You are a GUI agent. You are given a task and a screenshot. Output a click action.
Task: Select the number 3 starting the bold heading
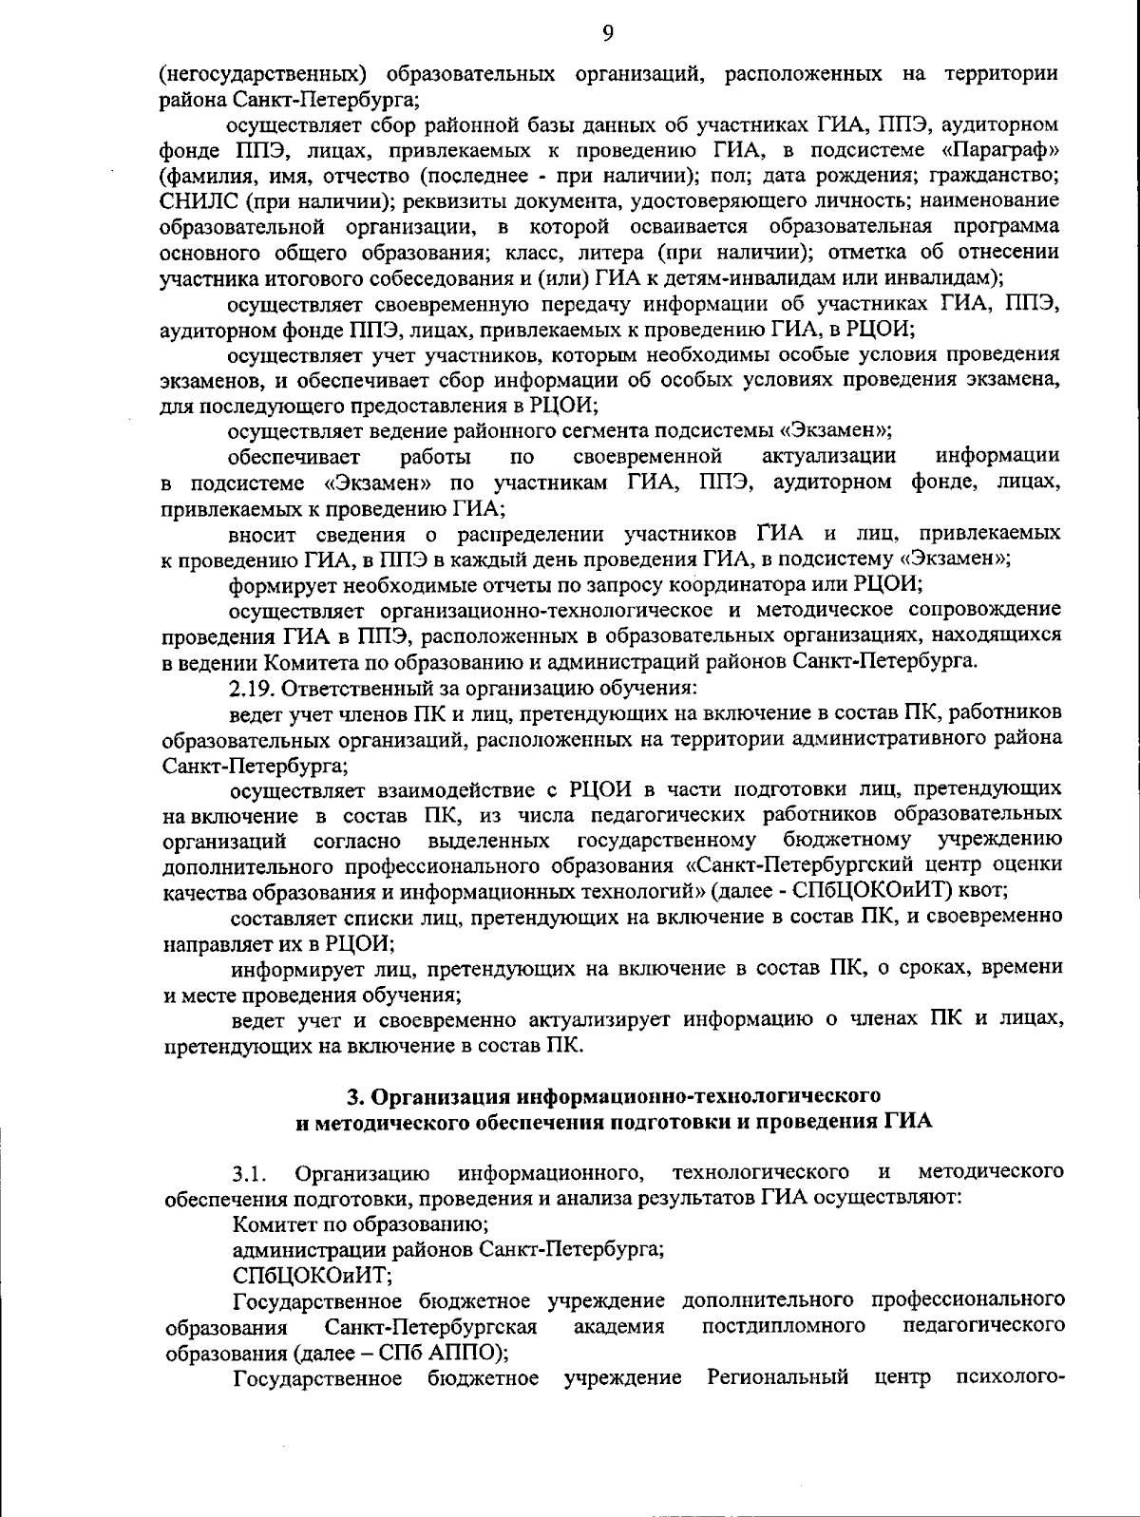click(x=354, y=1096)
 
